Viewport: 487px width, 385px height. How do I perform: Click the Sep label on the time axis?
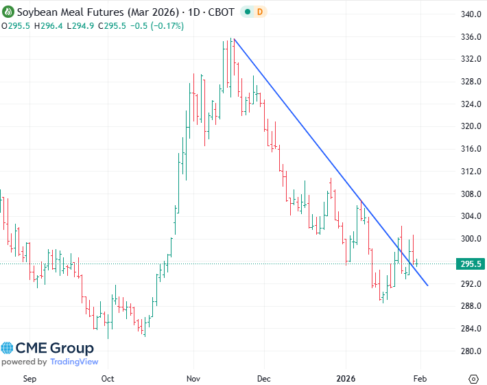tap(29, 377)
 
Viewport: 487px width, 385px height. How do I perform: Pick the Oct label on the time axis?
tap(107, 377)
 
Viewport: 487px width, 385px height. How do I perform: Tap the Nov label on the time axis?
tap(193, 377)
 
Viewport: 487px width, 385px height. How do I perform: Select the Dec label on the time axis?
tap(265, 377)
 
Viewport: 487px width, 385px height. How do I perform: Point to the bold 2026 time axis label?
tap(346, 377)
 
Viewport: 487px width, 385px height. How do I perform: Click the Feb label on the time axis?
tap(420, 377)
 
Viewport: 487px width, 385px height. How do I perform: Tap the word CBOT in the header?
tap(195, 12)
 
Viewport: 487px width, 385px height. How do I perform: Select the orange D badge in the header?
tap(241, 12)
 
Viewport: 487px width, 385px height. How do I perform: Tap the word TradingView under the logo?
tap(73, 362)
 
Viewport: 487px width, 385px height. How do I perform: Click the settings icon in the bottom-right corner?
tap(473, 378)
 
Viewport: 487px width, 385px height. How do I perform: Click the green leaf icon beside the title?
tap(8, 12)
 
